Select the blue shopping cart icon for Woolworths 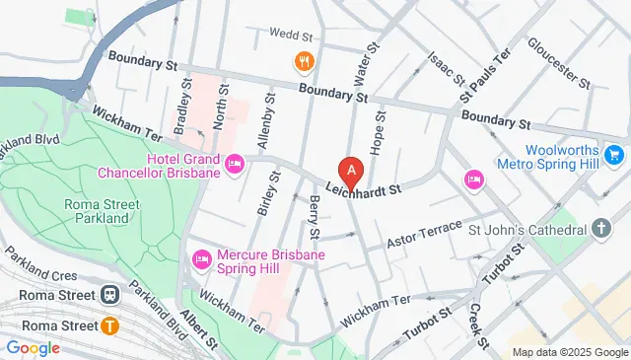click(x=614, y=155)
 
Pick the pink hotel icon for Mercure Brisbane click(x=201, y=258)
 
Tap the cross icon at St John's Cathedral click(x=602, y=230)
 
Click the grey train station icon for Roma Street click(x=108, y=293)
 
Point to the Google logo click(x=34, y=347)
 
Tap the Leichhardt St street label click(x=366, y=183)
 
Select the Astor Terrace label click(x=424, y=235)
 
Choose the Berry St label click(x=315, y=218)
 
